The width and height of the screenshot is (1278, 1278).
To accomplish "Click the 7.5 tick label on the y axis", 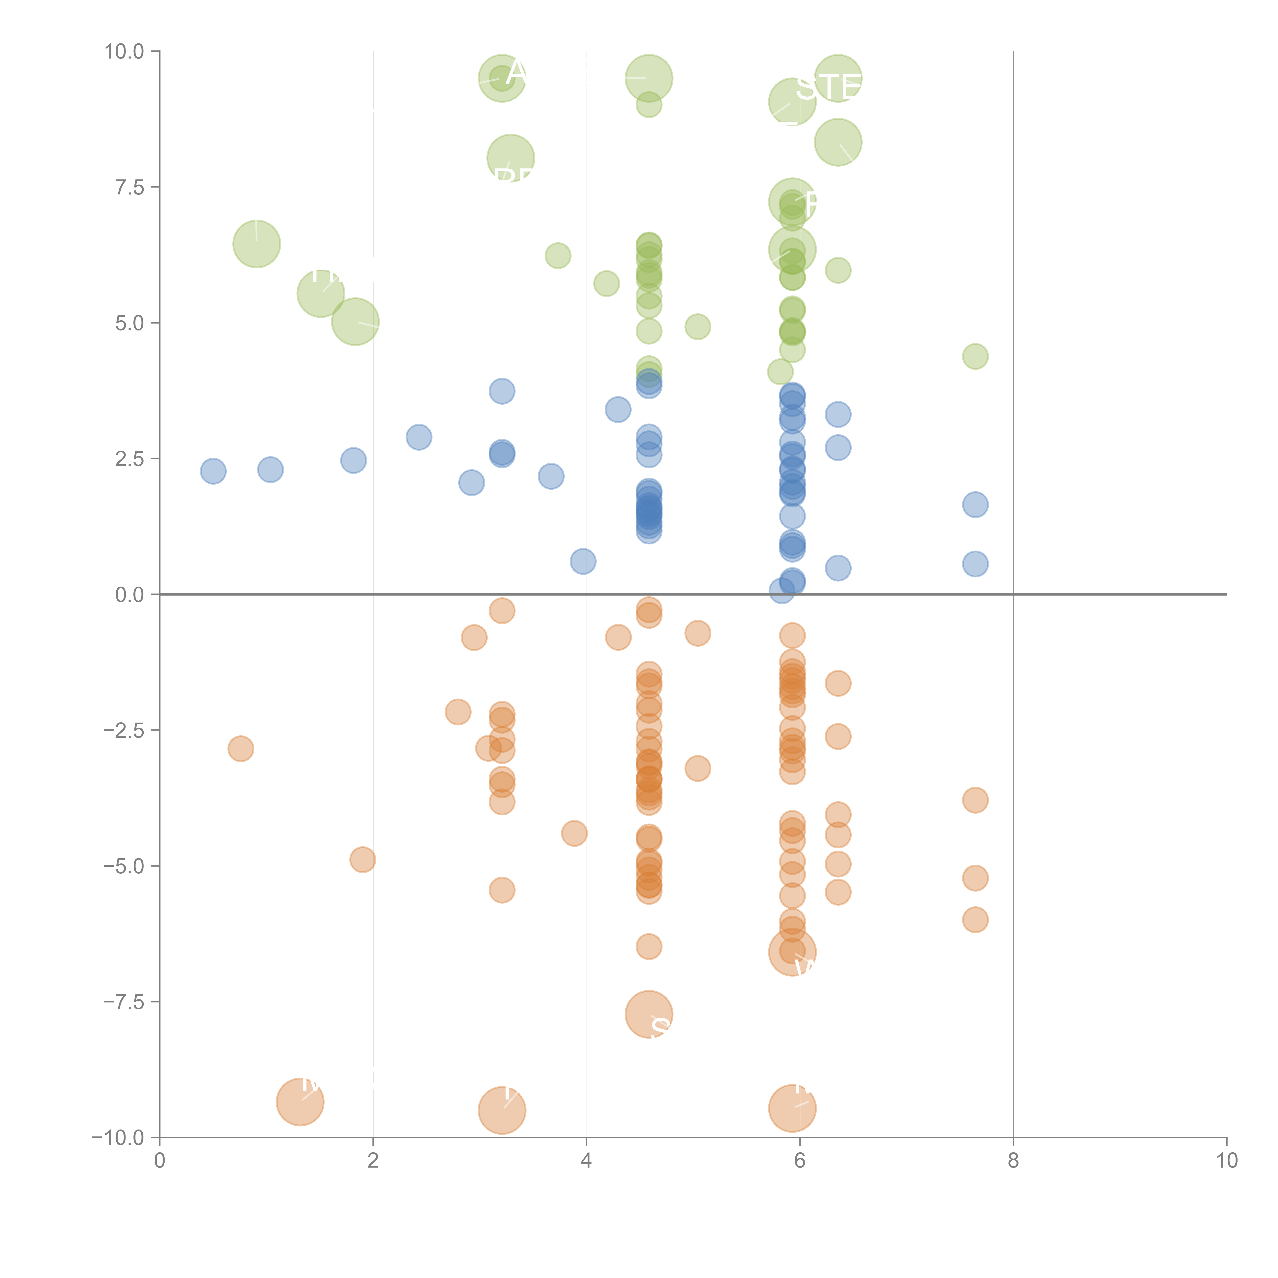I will click(x=130, y=187).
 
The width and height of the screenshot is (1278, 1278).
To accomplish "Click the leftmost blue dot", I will click(x=213, y=471).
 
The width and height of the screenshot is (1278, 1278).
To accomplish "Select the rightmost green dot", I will click(x=975, y=357).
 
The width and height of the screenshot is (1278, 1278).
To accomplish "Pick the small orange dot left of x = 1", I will click(x=241, y=749).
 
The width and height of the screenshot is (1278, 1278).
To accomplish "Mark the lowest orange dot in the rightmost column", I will click(x=975, y=919).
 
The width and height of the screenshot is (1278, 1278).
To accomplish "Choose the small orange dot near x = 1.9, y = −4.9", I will click(x=362, y=860).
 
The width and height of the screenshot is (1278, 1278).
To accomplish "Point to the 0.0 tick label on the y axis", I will click(x=130, y=595).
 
